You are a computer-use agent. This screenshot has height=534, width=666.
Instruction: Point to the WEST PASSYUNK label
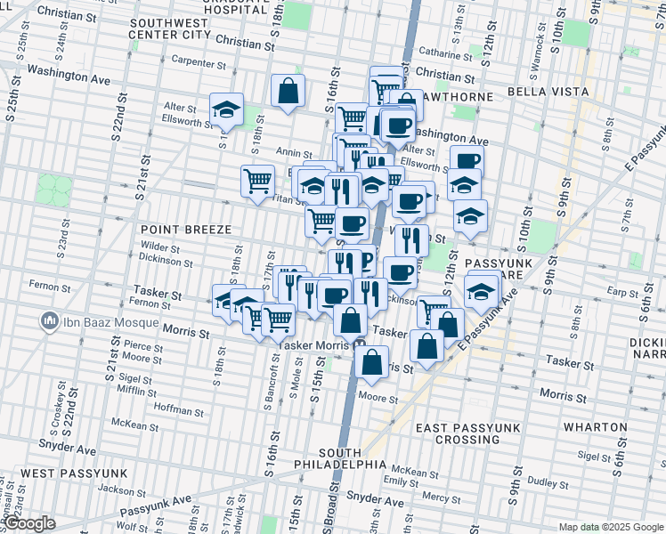point(74,473)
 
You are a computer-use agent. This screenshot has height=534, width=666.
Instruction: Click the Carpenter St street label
point(199,63)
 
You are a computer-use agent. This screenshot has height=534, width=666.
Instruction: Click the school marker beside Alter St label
point(227,109)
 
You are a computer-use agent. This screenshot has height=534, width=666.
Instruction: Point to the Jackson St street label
point(121,489)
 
